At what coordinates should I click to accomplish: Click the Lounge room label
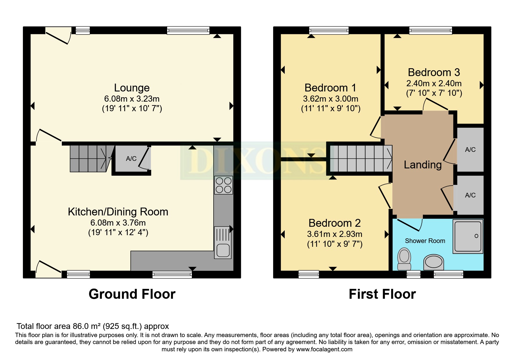click(132, 88)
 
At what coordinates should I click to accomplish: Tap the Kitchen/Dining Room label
click(118, 212)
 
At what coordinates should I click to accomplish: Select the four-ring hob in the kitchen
click(223, 185)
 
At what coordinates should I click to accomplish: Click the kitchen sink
click(223, 242)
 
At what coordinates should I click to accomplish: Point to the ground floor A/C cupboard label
click(131, 159)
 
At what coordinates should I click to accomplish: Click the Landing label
click(423, 165)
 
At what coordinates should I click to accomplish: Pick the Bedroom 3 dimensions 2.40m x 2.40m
click(434, 84)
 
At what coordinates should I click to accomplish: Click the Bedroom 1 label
click(330, 88)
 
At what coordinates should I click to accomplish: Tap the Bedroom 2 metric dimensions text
click(335, 234)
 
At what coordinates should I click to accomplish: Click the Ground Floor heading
click(132, 294)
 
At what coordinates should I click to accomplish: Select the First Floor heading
click(382, 294)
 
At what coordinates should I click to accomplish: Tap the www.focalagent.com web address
click(324, 349)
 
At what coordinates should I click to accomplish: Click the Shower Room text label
click(425, 241)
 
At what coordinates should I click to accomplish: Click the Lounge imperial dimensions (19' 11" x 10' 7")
click(132, 109)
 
